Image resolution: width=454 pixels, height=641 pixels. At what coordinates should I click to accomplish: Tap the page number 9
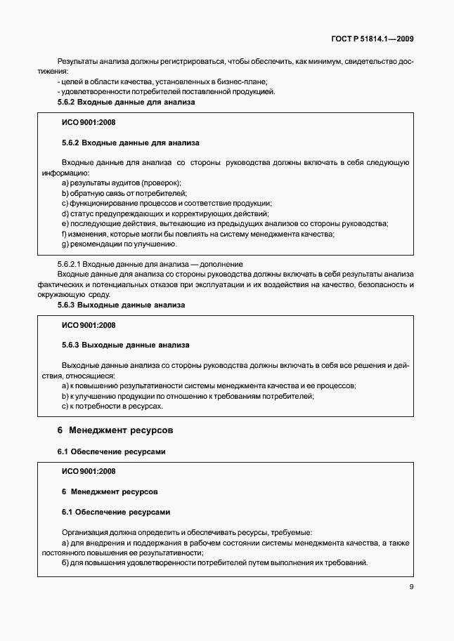(411, 589)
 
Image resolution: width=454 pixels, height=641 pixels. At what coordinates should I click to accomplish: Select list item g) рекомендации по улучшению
(119, 244)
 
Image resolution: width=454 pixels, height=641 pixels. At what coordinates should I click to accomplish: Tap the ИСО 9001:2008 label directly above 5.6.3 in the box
(89, 325)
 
